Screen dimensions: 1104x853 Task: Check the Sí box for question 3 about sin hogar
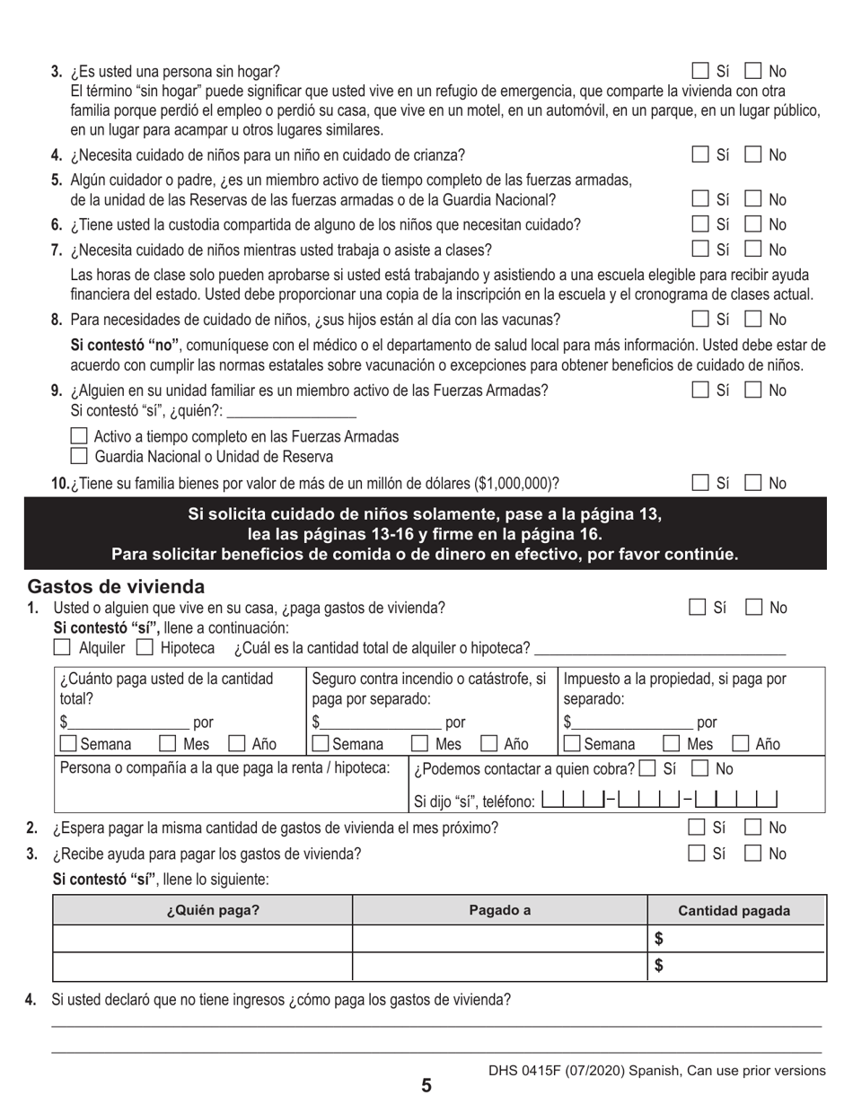point(700,71)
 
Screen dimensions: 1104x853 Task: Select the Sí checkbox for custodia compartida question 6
point(700,224)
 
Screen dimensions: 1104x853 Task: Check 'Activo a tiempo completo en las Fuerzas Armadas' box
point(79,436)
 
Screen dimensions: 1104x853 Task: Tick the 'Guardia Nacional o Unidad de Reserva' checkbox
point(79,455)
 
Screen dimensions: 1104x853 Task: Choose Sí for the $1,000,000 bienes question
point(700,484)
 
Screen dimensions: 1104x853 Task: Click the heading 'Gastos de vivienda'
point(116,587)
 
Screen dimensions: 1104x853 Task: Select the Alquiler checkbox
point(62,647)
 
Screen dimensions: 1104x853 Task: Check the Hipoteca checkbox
point(144,647)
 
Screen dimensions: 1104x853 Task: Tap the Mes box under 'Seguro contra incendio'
point(419,743)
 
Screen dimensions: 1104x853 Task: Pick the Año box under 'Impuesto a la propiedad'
point(742,743)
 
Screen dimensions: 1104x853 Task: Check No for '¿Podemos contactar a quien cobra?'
point(701,768)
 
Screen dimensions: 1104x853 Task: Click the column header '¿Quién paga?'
point(213,910)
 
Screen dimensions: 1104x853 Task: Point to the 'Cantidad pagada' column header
point(734,910)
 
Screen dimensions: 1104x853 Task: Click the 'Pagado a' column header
point(499,910)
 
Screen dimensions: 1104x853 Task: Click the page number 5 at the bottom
point(426,1086)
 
